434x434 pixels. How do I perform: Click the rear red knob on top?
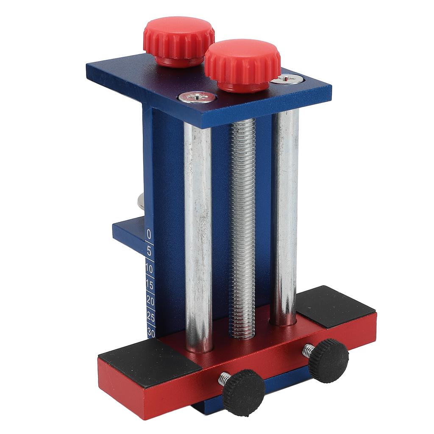tap(178, 40)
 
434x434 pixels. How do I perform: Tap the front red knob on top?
tap(242, 64)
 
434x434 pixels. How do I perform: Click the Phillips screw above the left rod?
tap(196, 97)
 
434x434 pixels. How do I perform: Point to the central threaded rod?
tap(242, 225)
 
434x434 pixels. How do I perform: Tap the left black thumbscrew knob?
tap(243, 392)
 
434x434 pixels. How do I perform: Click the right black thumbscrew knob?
tap(328, 361)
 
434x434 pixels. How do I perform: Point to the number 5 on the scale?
tap(149, 251)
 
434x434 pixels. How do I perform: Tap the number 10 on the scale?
tap(149, 269)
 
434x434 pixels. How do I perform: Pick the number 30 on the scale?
tap(151, 332)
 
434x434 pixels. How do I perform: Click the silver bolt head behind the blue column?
tap(140, 200)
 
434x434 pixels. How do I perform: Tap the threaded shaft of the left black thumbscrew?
tap(225, 378)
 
